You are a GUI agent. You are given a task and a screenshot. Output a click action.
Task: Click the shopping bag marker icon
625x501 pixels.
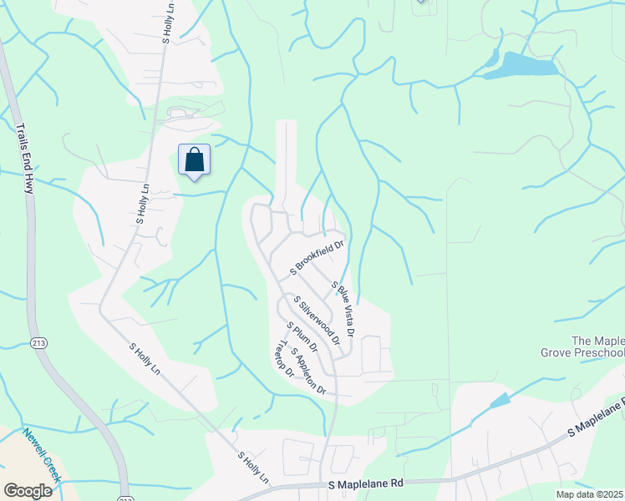tap(194, 159)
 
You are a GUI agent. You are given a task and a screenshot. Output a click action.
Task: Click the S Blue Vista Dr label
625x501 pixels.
tap(343, 309)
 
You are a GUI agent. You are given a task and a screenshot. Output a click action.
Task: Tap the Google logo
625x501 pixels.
tap(28, 491)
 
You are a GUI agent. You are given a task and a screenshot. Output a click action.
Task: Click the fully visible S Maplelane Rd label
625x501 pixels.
tap(366, 483)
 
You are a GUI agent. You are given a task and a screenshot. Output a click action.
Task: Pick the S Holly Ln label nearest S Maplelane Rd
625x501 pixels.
tap(254, 468)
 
